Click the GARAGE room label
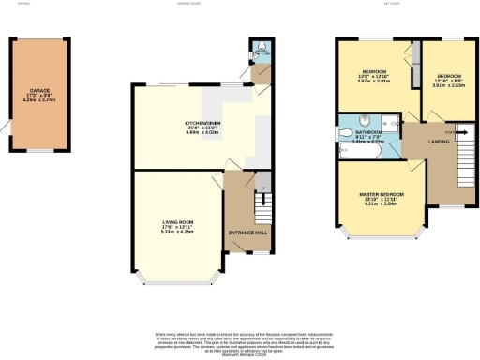(37, 92)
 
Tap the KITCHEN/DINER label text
(200, 124)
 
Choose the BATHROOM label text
(367, 133)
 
